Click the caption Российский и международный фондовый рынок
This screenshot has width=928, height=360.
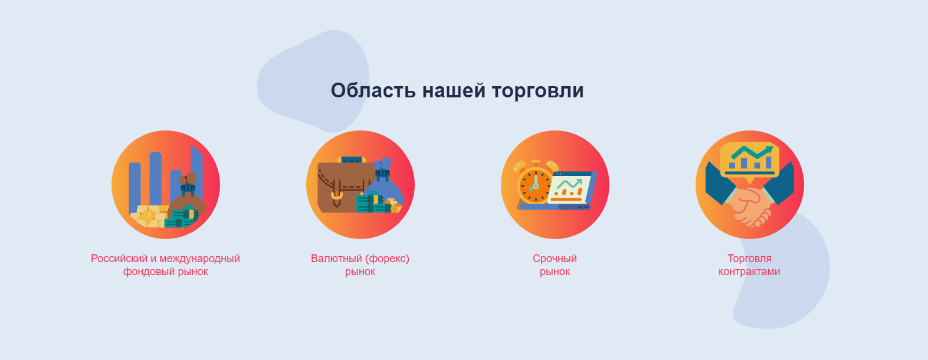click(x=165, y=265)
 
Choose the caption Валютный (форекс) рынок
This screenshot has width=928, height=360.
click(x=360, y=265)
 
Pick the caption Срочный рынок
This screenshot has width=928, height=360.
click(x=555, y=265)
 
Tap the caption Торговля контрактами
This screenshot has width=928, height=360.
click(x=749, y=265)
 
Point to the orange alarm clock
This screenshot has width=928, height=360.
click(x=534, y=184)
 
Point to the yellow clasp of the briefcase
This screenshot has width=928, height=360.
click(x=336, y=195)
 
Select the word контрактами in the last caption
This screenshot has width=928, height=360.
click(x=749, y=272)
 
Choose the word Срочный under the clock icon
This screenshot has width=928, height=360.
click(x=555, y=258)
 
